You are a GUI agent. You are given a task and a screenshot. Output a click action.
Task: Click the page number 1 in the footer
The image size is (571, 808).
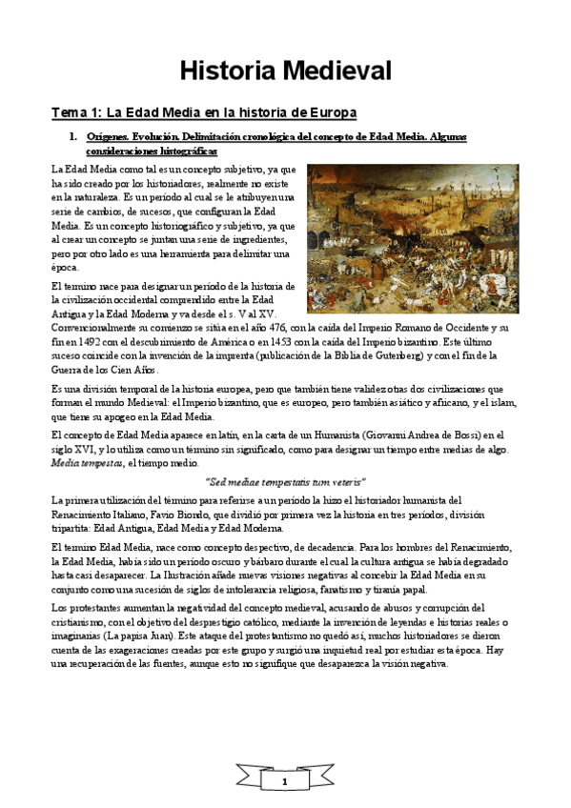click(284, 782)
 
